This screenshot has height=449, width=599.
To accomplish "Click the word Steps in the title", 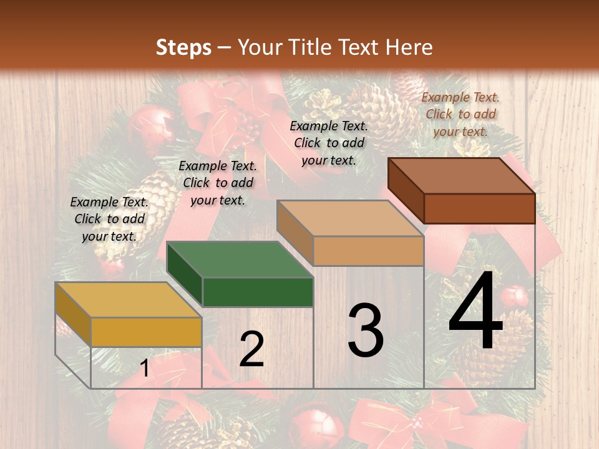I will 183,47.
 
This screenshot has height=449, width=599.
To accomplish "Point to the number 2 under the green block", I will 251,349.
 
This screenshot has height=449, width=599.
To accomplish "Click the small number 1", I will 145,369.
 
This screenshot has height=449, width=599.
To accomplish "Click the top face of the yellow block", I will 128,299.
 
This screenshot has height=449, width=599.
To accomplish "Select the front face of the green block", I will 258,292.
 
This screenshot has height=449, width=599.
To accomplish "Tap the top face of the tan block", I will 349,218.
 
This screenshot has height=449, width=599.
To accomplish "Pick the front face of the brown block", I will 479,208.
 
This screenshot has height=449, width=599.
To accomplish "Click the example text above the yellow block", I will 109,219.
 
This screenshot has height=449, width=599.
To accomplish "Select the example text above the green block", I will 218,183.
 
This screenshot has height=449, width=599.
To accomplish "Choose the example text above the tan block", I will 329,143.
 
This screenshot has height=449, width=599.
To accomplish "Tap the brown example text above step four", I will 460,114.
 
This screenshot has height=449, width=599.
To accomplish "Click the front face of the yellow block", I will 146,332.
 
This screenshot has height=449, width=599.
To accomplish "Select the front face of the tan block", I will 368,251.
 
